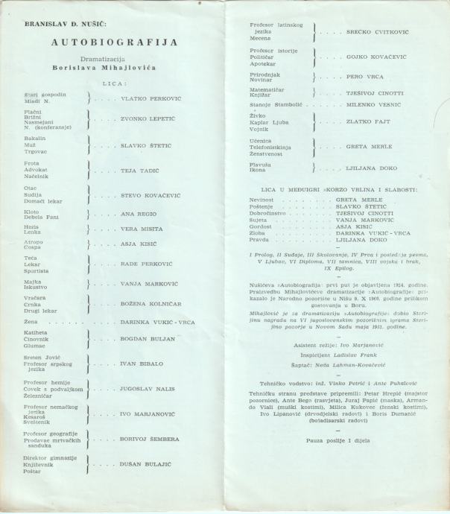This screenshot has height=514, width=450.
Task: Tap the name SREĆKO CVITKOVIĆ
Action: point(377,33)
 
